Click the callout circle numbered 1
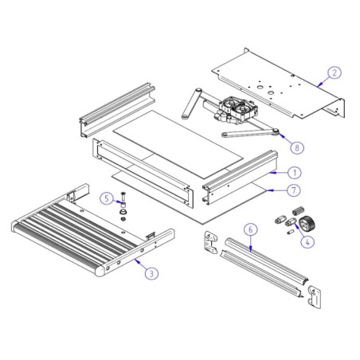click(272, 170)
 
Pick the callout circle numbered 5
click(105, 198)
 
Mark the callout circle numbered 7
click(272, 191)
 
